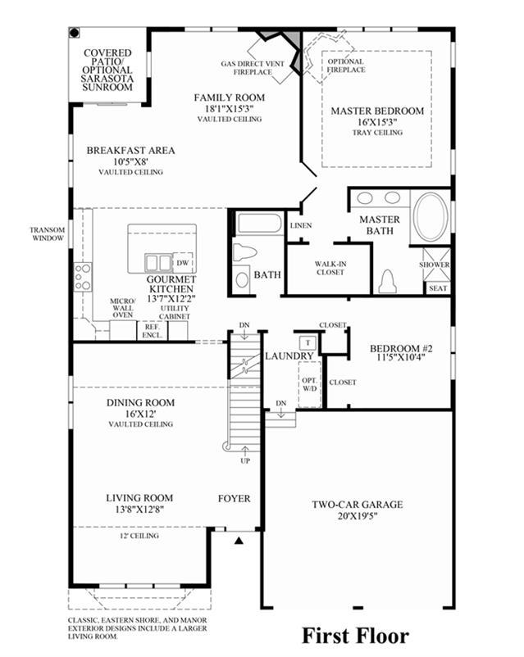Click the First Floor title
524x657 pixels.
[x=355, y=636]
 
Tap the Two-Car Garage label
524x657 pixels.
[x=358, y=505]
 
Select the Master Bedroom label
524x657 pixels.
[x=377, y=111]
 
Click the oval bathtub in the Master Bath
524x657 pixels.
[x=430, y=216]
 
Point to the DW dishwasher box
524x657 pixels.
[x=183, y=263]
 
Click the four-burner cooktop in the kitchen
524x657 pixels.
[x=83, y=277]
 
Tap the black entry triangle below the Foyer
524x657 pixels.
[x=239, y=541]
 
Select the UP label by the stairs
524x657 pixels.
[x=245, y=461]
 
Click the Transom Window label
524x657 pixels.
[x=48, y=233]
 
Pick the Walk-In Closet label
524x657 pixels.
[x=330, y=268]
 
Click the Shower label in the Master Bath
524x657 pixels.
[x=434, y=265]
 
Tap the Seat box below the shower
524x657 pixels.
[x=438, y=288]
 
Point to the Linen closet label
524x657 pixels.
[x=301, y=225]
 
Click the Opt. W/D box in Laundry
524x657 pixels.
[x=310, y=384]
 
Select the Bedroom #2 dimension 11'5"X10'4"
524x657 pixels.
[x=400, y=358]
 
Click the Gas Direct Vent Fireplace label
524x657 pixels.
[x=253, y=68]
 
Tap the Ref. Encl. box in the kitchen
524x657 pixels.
[x=152, y=331]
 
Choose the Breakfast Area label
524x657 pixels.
[x=130, y=151]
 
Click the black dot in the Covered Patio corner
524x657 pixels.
[x=75, y=33]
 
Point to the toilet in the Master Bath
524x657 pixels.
[x=387, y=282]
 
